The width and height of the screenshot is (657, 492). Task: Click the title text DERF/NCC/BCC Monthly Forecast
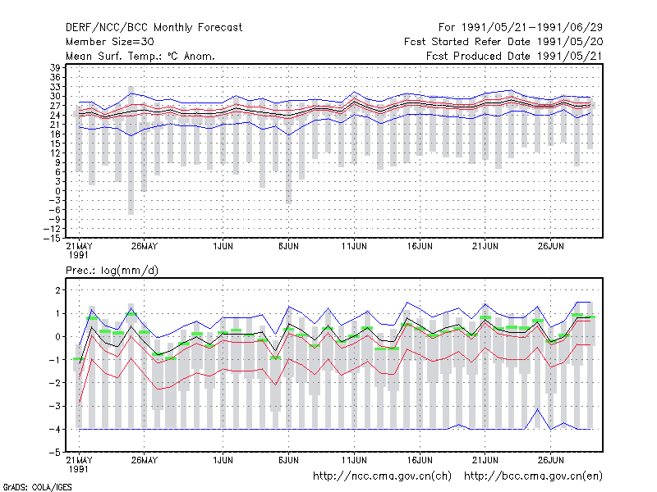(x=154, y=28)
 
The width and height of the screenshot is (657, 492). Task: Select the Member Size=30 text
(x=110, y=42)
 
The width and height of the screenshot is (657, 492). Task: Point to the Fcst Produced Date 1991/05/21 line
(x=515, y=56)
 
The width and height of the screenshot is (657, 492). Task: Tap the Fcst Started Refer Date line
(x=503, y=42)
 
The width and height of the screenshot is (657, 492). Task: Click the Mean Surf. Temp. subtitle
(x=140, y=56)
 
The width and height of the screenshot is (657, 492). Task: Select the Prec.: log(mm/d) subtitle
(x=112, y=271)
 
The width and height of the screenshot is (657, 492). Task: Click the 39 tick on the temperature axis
(x=55, y=68)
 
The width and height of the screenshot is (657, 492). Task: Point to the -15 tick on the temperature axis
(x=53, y=239)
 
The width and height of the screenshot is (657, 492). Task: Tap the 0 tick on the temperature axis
(x=58, y=191)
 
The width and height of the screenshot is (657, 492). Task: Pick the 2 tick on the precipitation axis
(x=58, y=290)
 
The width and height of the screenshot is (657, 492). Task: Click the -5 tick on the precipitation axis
(x=55, y=453)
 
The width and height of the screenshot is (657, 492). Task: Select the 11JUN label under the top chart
(x=354, y=246)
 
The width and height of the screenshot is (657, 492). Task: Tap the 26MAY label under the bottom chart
(x=145, y=460)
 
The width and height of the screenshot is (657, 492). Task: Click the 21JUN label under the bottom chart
(x=485, y=460)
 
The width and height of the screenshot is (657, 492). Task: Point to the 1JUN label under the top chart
(x=223, y=246)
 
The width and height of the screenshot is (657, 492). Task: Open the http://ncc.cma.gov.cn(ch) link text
(x=382, y=476)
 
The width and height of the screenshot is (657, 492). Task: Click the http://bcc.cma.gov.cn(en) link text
(x=533, y=476)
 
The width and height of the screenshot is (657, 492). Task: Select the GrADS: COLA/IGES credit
(x=37, y=487)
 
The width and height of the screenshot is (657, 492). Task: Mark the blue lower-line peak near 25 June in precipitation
(x=538, y=408)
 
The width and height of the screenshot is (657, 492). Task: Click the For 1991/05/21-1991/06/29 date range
(x=521, y=28)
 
